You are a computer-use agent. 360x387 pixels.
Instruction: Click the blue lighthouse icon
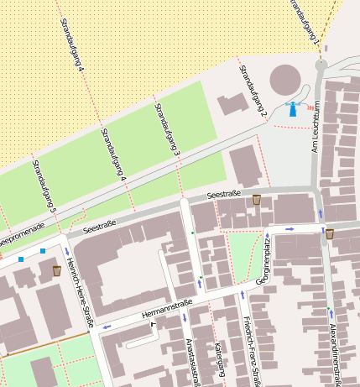293,109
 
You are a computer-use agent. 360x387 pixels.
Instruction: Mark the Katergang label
220,359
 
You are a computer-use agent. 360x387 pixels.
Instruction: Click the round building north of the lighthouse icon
284,81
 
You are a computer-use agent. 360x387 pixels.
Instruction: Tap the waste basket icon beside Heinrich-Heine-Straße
57,270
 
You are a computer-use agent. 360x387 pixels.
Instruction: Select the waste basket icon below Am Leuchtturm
330,234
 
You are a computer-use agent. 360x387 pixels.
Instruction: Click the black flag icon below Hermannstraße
153,322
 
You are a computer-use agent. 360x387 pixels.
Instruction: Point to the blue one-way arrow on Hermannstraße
107,326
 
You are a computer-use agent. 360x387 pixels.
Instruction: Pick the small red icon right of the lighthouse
310,107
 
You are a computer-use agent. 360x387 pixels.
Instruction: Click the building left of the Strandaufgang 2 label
232,106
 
